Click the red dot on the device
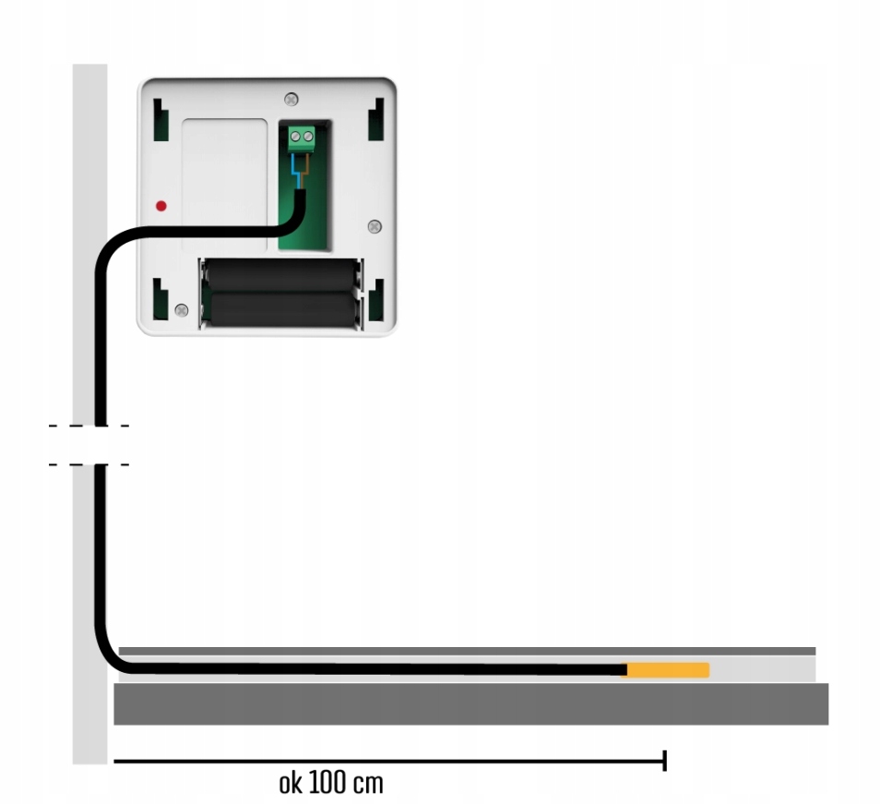coord(161,205)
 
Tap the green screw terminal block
coord(302,140)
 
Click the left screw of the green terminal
coord(295,140)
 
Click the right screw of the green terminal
coord(308,140)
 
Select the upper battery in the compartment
coord(280,275)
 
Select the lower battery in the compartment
coord(280,308)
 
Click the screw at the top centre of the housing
coord(292,99)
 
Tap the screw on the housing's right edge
coord(374,226)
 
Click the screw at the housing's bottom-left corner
coord(182,310)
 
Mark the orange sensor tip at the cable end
coord(668,670)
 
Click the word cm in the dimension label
coord(367,785)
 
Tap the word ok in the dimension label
coord(290,784)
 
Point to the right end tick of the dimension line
coord(664,761)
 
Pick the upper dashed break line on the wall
coord(89,426)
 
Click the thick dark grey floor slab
coord(470,704)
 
